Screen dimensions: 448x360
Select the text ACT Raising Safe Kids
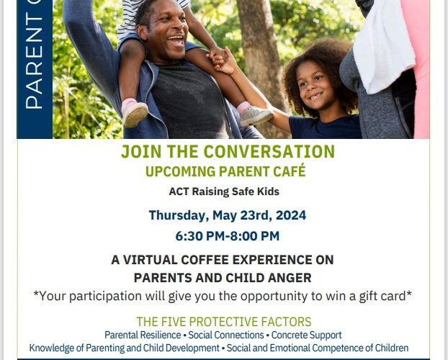[x=224, y=192]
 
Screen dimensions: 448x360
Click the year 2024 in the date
[x=291, y=215]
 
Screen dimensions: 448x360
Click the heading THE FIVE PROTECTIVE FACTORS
[x=224, y=322]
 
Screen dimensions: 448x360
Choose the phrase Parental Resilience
[x=143, y=335]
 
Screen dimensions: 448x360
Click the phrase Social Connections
[x=226, y=335]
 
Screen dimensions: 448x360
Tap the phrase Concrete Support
[x=306, y=335]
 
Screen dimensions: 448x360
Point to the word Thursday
[x=177, y=215]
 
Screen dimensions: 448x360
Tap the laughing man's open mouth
[x=176, y=41]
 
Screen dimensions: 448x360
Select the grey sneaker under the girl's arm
[x=255, y=115]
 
